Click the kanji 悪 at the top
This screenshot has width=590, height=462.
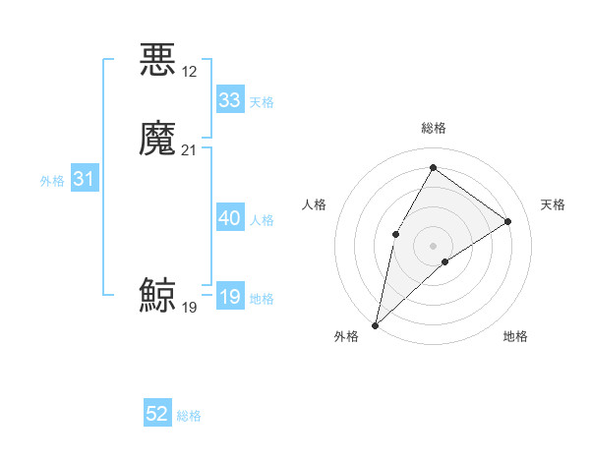point(157,60)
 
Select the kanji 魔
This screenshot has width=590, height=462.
point(157,138)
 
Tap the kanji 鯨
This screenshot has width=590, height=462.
point(157,296)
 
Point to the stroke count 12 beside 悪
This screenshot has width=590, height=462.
point(190,72)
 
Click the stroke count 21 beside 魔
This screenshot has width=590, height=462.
point(190,149)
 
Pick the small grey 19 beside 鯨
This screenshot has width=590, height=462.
point(190,308)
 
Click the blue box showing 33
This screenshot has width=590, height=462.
point(230,100)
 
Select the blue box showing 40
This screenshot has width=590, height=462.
point(230,218)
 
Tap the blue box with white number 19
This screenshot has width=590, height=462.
point(230,297)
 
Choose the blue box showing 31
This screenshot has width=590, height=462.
point(84,179)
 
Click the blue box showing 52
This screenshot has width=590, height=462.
point(157,414)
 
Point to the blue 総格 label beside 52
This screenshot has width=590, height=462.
point(189,416)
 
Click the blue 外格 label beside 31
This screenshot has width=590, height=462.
point(52,181)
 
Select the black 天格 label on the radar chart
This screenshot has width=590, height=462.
point(553,204)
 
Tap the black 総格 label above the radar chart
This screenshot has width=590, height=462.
point(434,128)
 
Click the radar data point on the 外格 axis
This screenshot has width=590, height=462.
point(376,324)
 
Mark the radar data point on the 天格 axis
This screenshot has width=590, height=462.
point(508,221)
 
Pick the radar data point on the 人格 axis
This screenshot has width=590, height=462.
point(395,233)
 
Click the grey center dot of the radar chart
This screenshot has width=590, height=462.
point(433,245)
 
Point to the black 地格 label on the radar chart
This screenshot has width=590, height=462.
point(515,336)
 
